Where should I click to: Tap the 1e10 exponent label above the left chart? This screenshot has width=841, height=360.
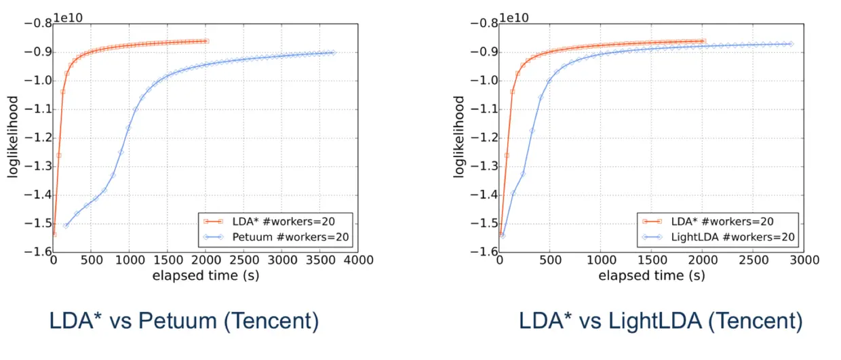click(68, 16)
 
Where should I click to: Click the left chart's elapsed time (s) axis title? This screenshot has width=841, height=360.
click(206, 276)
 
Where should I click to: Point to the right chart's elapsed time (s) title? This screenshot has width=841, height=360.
click(652, 276)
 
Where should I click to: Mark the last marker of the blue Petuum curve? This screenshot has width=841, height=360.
click(332, 52)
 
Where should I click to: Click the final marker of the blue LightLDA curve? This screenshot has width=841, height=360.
click(790, 44)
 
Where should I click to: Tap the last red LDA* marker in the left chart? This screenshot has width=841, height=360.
click(206, 41)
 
